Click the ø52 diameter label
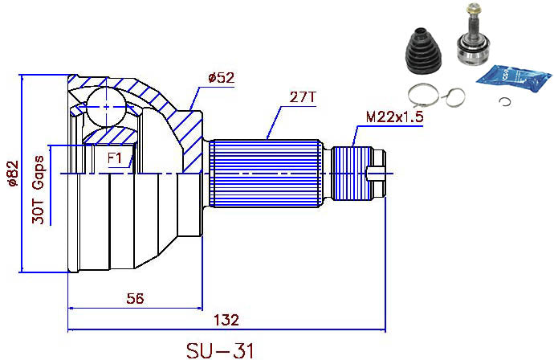click(220, 78)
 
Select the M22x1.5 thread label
click(393, 117)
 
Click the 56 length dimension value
click(136, 298)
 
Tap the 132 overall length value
click(226, 320)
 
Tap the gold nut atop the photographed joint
click(473, 11)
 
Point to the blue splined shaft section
click(269, 174)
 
